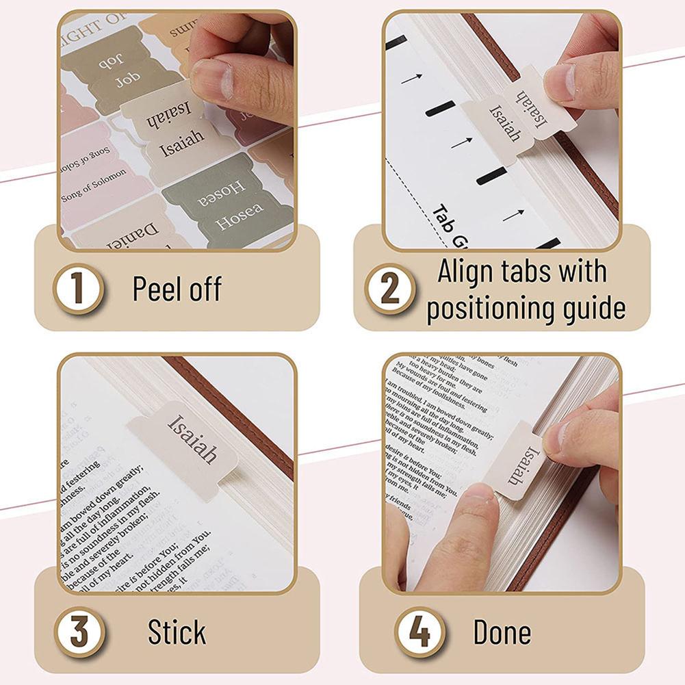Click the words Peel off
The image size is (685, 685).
(x=177, y=289)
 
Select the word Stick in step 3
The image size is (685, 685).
(x=177, y=632)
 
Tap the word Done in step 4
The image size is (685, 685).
(x=502, y=632)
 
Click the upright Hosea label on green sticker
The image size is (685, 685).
(x=239, y=218)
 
